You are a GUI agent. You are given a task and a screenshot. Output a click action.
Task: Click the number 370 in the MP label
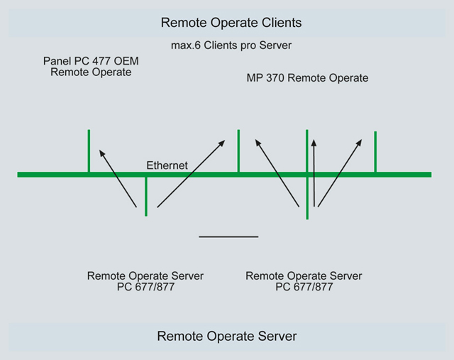tap(273, 78)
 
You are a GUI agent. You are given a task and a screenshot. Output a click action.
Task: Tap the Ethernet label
tap(167, 165)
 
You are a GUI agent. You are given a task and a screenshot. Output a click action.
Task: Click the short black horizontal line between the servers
tap(228, 236)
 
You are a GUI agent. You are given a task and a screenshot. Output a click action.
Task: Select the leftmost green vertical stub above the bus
tap(89, 151)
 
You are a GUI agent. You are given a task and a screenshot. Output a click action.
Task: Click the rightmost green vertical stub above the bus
tap(375, 151)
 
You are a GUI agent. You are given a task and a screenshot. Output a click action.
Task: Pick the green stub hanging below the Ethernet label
tap(145, 195)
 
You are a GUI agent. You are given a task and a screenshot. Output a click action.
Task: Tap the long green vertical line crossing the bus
tap(307, 192)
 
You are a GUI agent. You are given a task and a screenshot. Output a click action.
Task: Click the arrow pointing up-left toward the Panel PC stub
tap(117, 178)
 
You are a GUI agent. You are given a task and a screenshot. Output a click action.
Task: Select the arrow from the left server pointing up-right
tap(190, 173)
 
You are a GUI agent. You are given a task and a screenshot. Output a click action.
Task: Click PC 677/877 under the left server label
tap(145, 288)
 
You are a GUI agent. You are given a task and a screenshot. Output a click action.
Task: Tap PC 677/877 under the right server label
tap(304, 288)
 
